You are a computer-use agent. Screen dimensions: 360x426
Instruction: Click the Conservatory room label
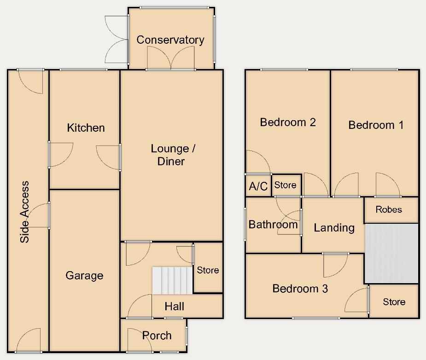[x=170, y=40]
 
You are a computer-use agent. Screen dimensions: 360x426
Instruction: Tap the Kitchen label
[x=86, y=128]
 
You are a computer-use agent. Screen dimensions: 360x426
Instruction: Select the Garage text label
[x=84, y=276]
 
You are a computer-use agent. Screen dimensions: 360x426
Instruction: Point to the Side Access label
[x=25, y=212]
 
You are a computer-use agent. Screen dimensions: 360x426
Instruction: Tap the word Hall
[x=175, y=306]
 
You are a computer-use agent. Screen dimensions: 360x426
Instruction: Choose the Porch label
[x=157, y=336]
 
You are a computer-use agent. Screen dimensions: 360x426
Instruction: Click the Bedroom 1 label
[x=376, y=125]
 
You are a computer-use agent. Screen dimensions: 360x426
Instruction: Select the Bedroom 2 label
[x=288, y=122]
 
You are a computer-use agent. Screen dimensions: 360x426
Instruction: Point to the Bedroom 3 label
[x=300, y=289]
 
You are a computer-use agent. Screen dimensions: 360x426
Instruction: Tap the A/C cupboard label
[x=258, y=186]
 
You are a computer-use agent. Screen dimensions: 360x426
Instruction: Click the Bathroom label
[x=273, y=225]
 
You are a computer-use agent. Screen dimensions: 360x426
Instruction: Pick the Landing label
[x=334, y=227]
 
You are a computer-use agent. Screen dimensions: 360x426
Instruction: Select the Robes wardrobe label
[x=389, y=209]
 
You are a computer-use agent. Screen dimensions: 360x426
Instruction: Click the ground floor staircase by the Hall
[x=171, y=280]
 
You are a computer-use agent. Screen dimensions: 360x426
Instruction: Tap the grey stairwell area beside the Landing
[x=391, y=253]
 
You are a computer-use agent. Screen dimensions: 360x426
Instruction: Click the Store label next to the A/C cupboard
[x=285, y=185]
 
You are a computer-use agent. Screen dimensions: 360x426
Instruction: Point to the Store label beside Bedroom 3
[x=394, y=302]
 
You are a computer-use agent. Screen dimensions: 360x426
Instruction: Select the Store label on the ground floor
[x=208, y=270]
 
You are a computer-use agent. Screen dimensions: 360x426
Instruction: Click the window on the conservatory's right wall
[x=214, y=39]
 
